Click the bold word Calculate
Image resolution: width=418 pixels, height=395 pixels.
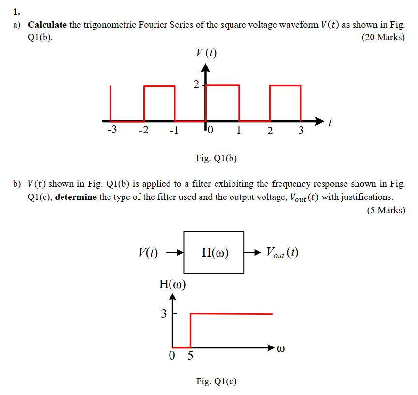[47, 25]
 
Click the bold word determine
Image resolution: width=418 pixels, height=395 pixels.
[76, 197]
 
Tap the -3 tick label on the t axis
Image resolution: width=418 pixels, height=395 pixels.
[112, 130]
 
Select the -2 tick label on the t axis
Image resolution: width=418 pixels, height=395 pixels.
[143, 130]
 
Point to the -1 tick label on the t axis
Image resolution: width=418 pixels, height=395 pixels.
[174, 130]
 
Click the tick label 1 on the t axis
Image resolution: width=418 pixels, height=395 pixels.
[239, 130]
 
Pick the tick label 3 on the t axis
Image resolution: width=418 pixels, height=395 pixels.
[301, 130]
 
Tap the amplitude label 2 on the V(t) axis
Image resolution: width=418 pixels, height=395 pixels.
[196, 84]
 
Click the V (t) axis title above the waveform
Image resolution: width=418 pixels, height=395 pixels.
[206, 53]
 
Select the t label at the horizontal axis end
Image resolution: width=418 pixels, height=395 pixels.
[330, 124]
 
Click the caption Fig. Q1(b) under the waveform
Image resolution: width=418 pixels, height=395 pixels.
[216, 158]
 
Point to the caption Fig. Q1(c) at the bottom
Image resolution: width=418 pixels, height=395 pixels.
[216, 381]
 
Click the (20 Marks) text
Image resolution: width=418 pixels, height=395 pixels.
[383, 37]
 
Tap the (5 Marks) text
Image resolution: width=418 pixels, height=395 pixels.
[386, 210]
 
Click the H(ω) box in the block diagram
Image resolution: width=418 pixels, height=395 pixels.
[214, 252]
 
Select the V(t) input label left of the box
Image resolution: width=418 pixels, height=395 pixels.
[148, 252]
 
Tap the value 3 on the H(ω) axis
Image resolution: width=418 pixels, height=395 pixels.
[164, 314]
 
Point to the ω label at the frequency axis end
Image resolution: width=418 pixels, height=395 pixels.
[281, 348]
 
